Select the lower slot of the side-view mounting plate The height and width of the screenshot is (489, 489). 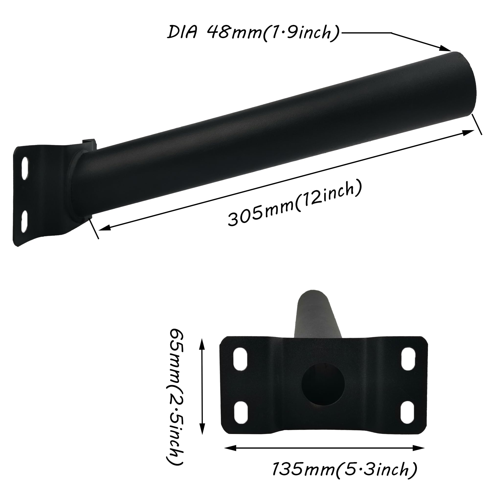point(25,221)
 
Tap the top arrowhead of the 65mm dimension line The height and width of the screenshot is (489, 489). point(202,344)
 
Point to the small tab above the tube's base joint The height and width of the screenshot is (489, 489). point(89,143)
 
